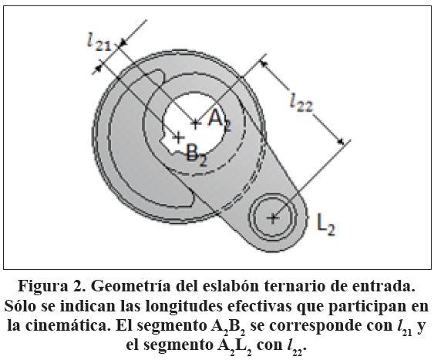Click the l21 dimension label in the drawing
pyautogui.click(x=99, y=42)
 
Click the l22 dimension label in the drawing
pyautogui.click(x=301, y=102)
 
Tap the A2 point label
pyautogui.click(x=220, y=121)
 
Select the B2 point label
pyautogui.click(x=197, y=155)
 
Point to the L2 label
pyautogui.click(x=326, y=224)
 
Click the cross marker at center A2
pyautogui.click(x=195, y=123)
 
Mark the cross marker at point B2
pyautogui.click(x=179, y=137)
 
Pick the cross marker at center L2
pyautogui.click(x=273, y=218)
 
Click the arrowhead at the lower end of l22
pyautogui.click(x=341, y=141)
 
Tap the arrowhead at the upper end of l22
pyautogui.click(x=264, y=64)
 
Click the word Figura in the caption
pyautogui.click(x=42, y=287)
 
